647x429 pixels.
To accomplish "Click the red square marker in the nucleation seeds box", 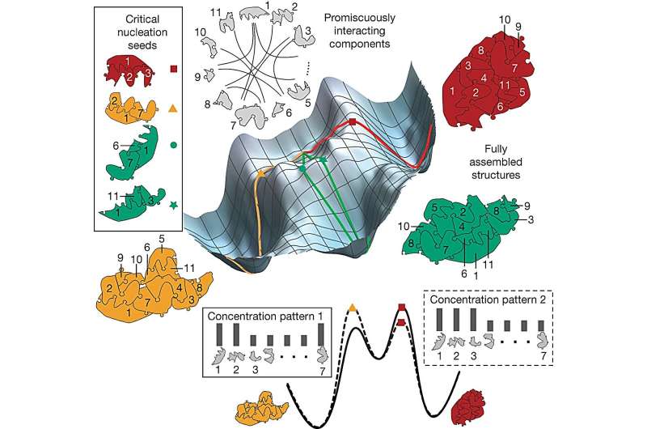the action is (172, 70).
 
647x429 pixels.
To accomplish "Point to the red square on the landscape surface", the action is (353, 122).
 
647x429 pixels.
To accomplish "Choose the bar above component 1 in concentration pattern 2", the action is (441, 320).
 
